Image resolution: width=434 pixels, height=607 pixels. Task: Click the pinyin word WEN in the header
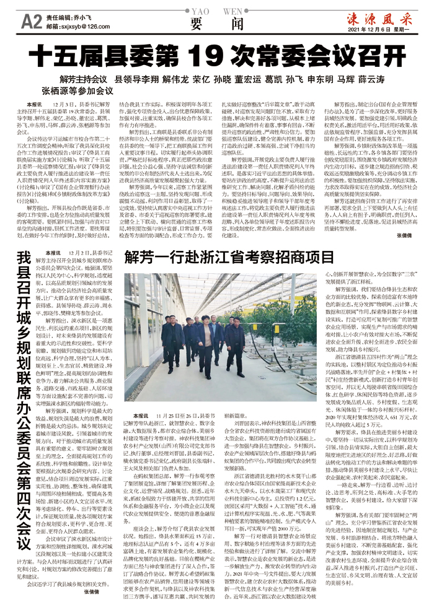pyautogui.click(x=231, y=11)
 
